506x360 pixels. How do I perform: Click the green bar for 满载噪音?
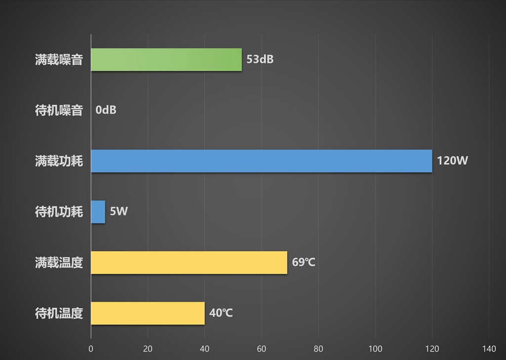[166, 60]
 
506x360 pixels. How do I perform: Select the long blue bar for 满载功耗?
[261, 161]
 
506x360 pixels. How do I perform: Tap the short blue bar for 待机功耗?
[98, 212]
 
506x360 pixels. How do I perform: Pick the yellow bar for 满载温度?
[189, 263]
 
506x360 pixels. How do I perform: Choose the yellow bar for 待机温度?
[148, 313]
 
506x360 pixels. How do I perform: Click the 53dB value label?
[260, 60]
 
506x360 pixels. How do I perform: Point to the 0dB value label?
[106, 110]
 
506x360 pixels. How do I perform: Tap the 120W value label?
[452, 161]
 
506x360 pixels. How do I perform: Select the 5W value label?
[119, 212]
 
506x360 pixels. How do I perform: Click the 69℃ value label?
[303, 263]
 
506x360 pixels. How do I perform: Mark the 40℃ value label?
[221, 313]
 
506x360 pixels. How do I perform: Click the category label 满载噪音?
[59, 60]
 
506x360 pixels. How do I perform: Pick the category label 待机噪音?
[59, 110]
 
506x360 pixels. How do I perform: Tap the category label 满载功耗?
[59, 161]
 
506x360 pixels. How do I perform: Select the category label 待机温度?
[59, 313]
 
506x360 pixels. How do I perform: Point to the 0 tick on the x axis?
[91, 349]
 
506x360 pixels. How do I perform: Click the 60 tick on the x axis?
[261, 349]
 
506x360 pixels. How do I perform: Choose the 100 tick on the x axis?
[376, 349]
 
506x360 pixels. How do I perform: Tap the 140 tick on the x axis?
[489, 349]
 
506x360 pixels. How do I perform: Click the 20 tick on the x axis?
[148, 349]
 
